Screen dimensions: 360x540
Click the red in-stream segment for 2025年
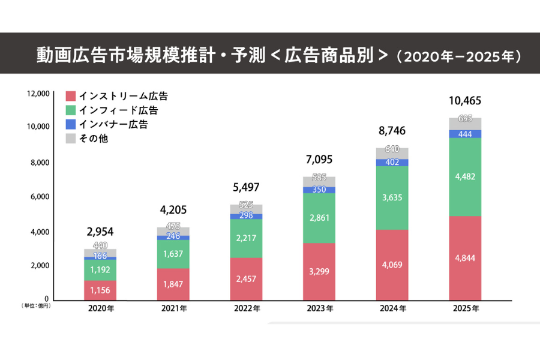pyautogui.click(x=465, y=258)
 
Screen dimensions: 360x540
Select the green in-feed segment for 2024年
pyautogui.click(x=392, y=198)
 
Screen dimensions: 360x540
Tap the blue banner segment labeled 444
pyautogui.click(x=465, y=134)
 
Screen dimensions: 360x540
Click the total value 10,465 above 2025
pyautogui.click(x=465, y=101)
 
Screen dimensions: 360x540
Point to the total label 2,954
pyautogui.click(x=100, y=232)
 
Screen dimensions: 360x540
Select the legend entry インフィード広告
pyautogui.click(x=118, y=110)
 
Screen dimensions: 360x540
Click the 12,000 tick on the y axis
pyautogui.click(x=37, y=94)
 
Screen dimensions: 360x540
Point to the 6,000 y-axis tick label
pyautogui.click(x=40, y=197)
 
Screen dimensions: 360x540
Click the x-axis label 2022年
pyautogui.click(x=247, y=309)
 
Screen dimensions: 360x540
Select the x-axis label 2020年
pyautogui.click(x=100, y=309)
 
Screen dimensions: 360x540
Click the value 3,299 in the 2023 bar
pyautogui.click(x=319, y=271)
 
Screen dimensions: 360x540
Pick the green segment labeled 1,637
pyautogui.click(x=173, y=254)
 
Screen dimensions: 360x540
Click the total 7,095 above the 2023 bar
pyautogui.click(x=319, y=160)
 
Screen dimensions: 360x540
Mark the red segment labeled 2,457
pyautogui.click(x=247, y=278)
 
